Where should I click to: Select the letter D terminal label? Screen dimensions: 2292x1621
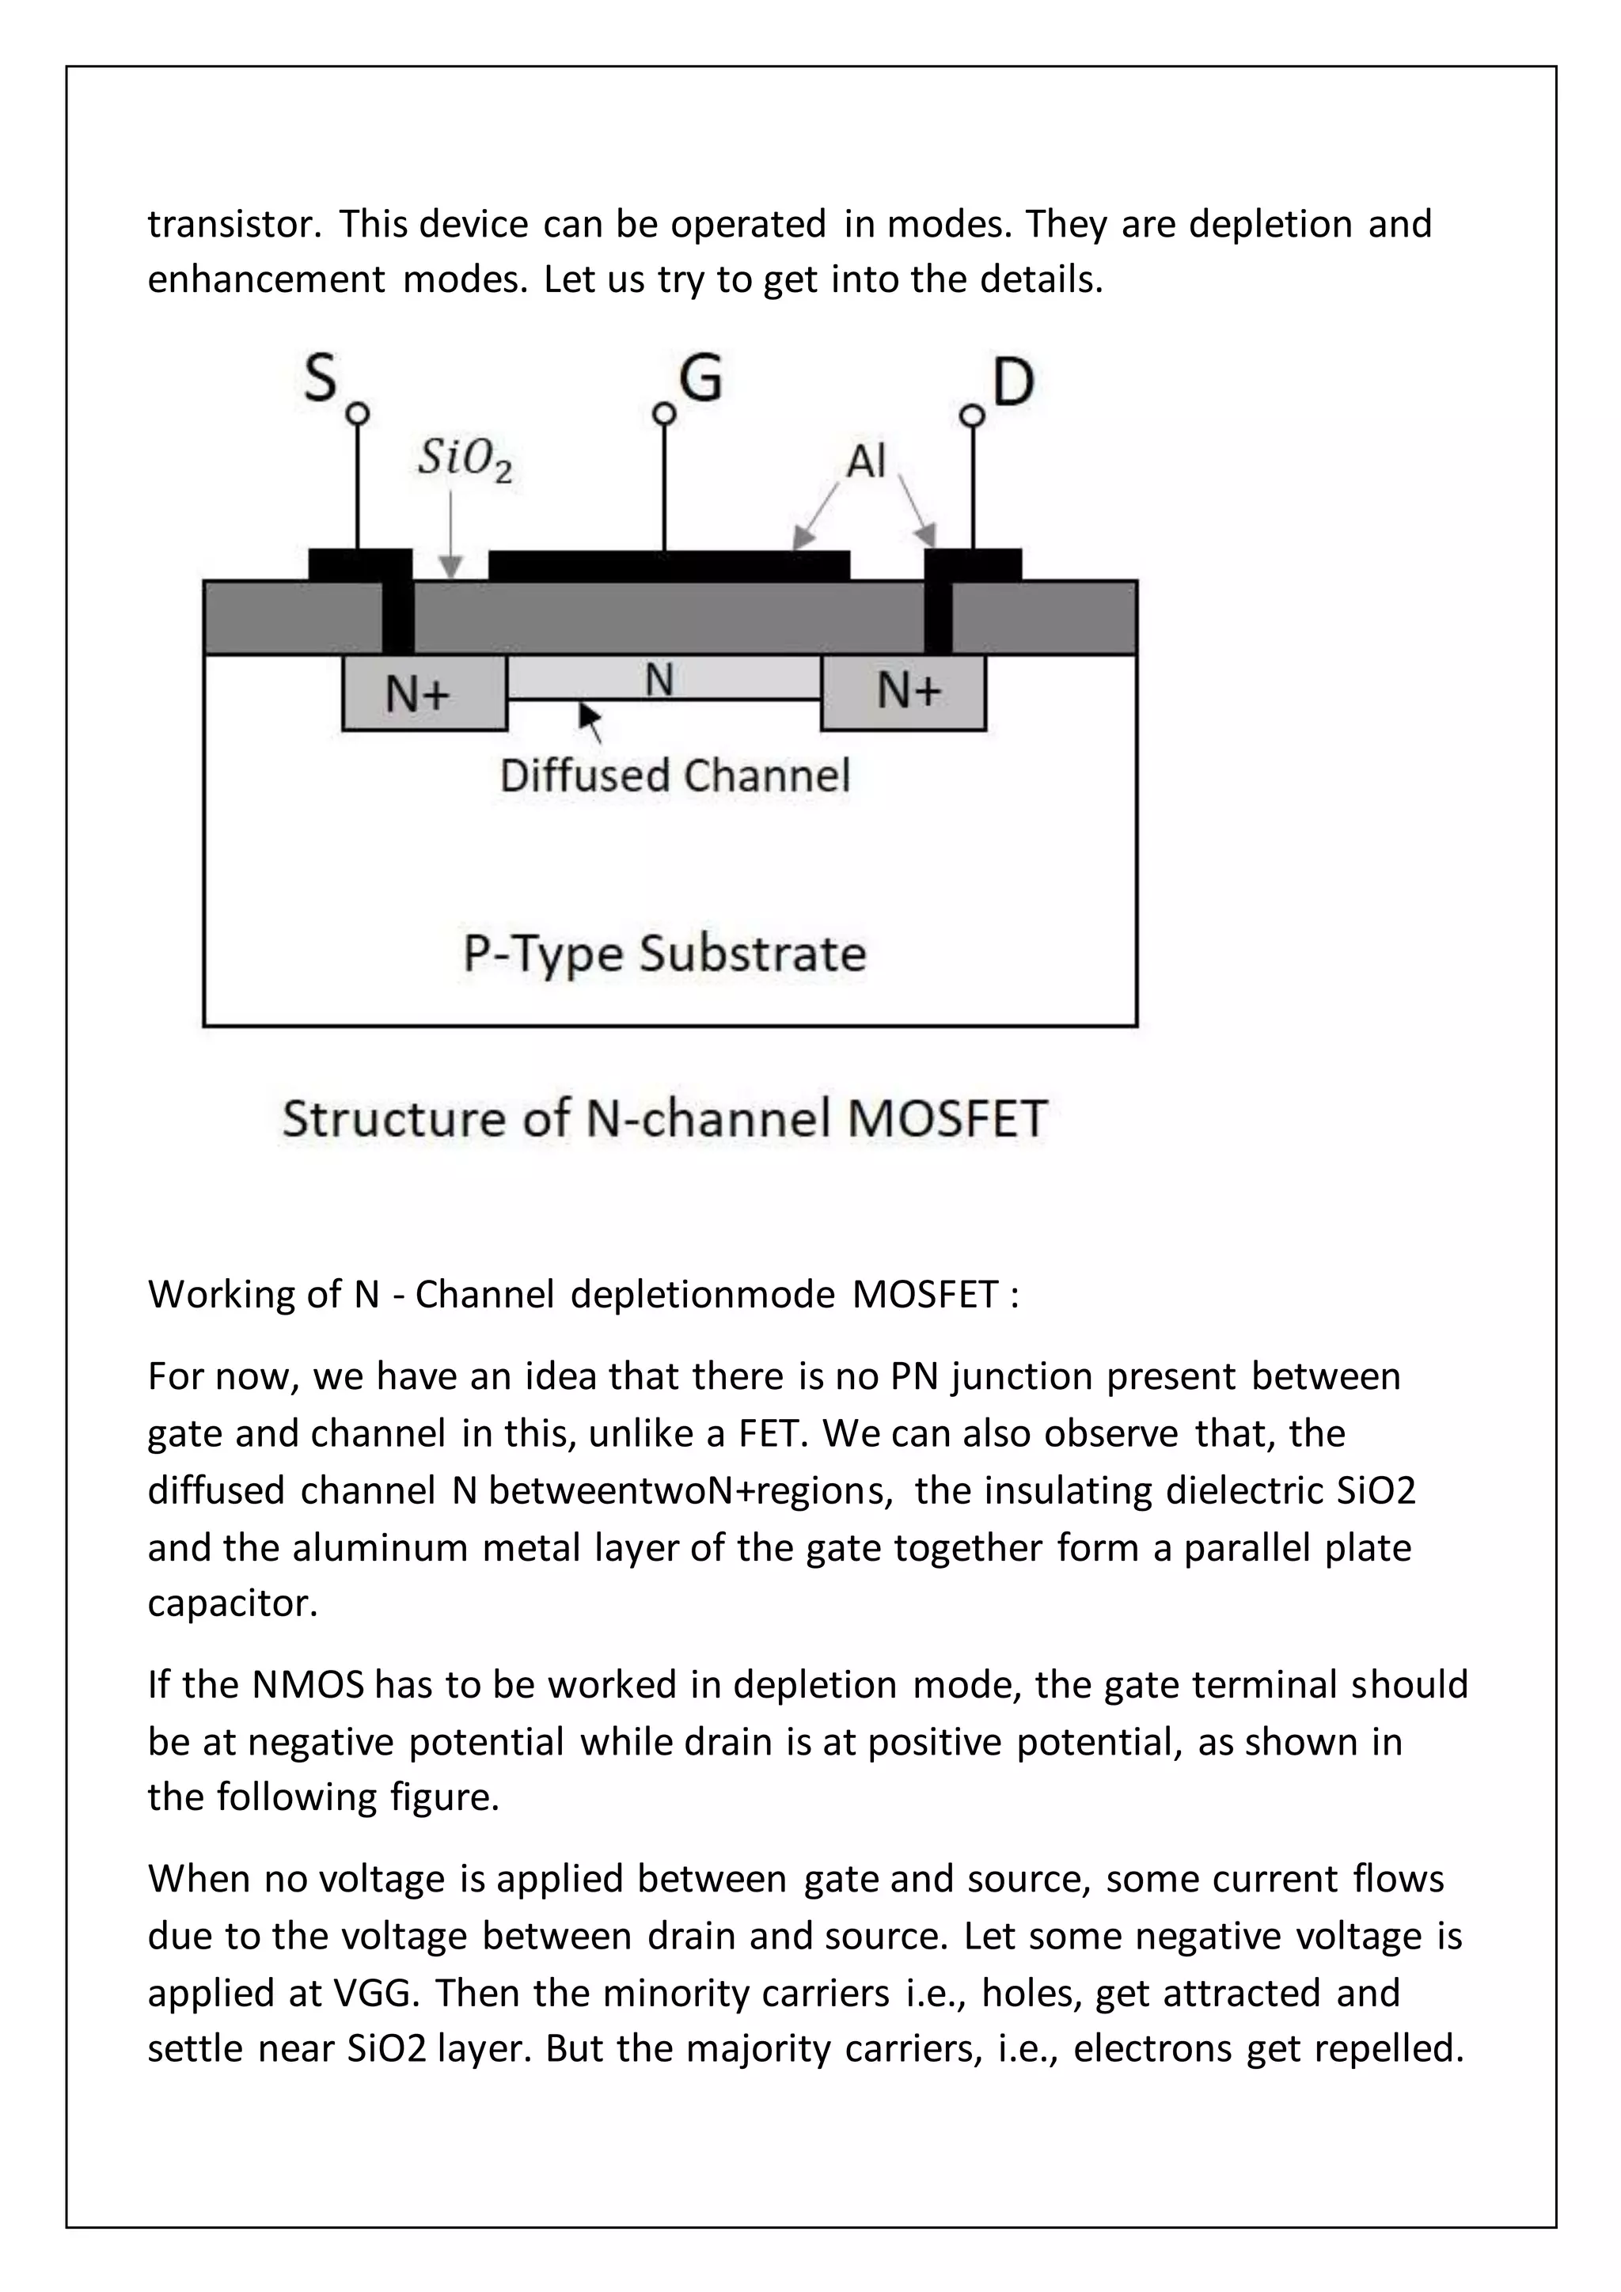point(1012,382)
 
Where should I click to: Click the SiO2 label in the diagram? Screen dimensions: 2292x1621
point(464,459)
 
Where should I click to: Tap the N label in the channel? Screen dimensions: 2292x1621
point(659,680)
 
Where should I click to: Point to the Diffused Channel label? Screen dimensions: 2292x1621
point(674,776)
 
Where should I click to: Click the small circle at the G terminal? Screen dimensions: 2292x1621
point(664,413)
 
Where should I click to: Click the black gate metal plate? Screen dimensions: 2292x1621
point(669,565)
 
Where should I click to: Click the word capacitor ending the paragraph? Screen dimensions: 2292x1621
point(232,1603)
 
